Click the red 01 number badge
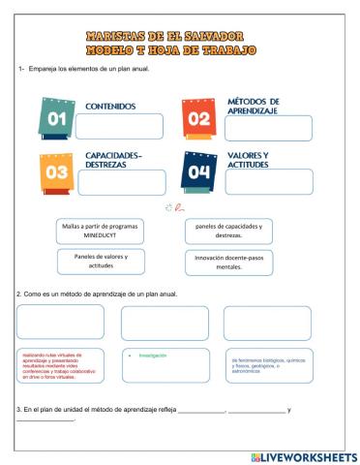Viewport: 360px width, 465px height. pos(54,120)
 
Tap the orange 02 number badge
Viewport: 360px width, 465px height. pos(197,120)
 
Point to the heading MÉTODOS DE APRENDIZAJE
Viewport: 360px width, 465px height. pos(254,106)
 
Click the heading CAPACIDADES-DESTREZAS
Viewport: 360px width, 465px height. pos(120,159)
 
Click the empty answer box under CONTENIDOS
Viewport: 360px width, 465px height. pos(115,127)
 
